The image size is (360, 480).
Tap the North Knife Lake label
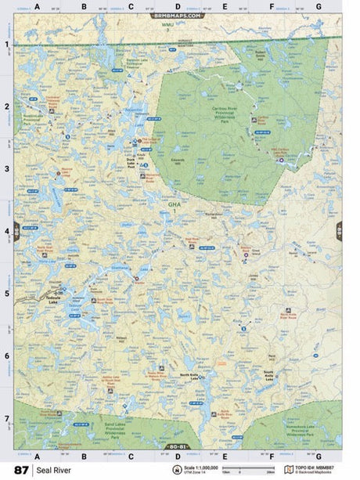[x=189, y=377]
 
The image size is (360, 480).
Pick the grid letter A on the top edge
[x=37, y=6]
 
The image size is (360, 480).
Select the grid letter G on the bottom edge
[x=318, y=456]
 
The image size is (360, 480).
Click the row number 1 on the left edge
[x=6, y=45]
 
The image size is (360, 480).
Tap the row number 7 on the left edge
[x=6, y=418]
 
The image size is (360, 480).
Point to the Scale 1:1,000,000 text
[x=201, y=467]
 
